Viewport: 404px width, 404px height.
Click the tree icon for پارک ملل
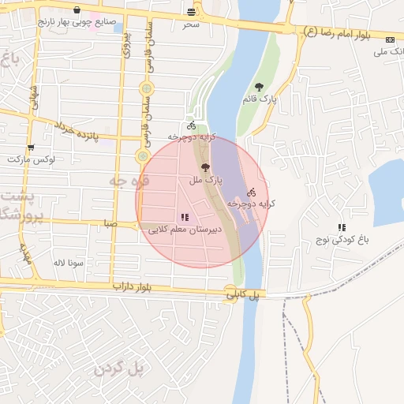point(206,167)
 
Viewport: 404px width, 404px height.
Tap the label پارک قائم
point(260,99)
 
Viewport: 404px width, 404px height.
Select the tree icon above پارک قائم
point(260,87)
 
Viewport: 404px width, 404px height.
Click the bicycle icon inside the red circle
point(251,192)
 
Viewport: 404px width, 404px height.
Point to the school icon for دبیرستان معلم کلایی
point(185,217)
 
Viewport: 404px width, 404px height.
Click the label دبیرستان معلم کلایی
point(186,230)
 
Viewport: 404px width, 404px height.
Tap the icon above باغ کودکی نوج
point(342,227)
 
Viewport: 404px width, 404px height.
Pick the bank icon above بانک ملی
point(390,39)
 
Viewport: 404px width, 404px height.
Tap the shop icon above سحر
point(191,12)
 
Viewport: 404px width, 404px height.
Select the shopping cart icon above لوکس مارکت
point(31,147)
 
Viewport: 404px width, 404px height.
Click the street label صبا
point(109,224)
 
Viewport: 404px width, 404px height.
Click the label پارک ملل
point(206,181)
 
